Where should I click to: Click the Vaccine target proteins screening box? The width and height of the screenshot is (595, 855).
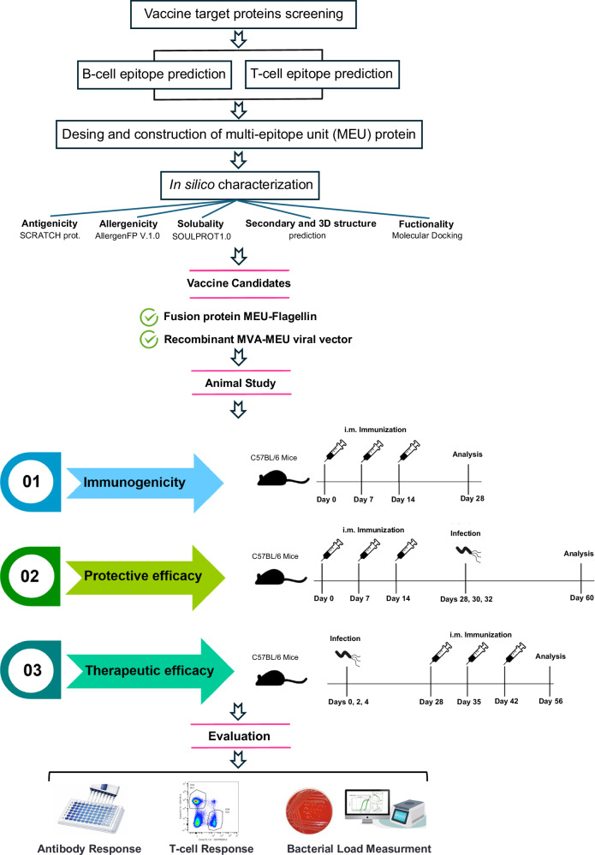tap(243, 15)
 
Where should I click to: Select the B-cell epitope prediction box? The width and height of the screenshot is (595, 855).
tap(154, 74)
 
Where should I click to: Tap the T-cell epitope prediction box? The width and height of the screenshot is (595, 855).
tap(322, 74)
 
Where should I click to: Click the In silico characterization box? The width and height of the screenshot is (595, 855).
tap(241, 186)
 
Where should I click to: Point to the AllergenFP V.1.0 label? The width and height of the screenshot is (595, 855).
tap(128, 235)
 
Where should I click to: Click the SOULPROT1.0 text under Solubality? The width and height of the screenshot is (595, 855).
tap(201, 236)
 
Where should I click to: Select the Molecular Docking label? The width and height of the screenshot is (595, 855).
tap(427, 235)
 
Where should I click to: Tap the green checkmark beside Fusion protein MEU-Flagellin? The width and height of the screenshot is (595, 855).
tap(149, 317)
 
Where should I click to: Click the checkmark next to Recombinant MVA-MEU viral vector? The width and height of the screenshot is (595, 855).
tap(149, 339)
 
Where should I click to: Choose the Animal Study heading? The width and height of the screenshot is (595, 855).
tap(241, 383)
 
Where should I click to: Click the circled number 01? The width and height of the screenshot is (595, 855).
tap(31, 482)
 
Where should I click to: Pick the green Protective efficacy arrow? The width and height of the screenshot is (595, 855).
tap(145, 577)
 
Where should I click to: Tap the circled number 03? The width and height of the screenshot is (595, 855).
tap(33, 669)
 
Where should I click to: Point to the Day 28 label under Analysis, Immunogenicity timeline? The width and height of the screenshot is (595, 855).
tap(473, 498)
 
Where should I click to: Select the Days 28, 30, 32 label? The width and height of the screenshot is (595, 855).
tap(467, 599)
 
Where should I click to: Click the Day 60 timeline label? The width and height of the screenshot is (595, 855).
tap(581, 597)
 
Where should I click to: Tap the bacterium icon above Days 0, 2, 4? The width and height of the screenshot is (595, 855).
tap(348, 657)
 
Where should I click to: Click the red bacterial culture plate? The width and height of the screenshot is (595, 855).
tap(310, 811)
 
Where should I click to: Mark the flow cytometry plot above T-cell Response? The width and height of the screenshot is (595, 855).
tap(208, 809)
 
